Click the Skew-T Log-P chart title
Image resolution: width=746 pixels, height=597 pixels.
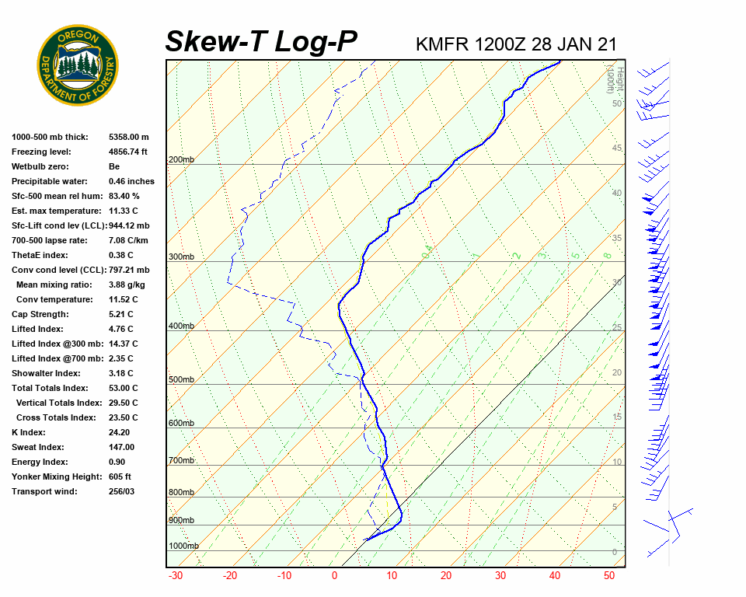261,42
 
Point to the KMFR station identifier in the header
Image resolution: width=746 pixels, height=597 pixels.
442,44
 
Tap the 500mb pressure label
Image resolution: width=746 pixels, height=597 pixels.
181,379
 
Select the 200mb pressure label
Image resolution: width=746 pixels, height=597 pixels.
181,159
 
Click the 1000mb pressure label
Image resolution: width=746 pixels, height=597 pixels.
183,546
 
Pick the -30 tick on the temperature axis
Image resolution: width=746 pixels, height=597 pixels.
176,576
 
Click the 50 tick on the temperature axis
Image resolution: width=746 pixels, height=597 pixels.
609,576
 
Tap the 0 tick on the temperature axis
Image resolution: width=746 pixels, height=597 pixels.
334,576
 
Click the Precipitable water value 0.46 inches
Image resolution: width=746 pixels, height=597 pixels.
131,181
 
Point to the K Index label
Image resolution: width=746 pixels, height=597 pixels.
29,432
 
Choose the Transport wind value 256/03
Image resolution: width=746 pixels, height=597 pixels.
122,491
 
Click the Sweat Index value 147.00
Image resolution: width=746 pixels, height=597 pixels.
122,447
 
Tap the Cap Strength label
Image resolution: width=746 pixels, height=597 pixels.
40,314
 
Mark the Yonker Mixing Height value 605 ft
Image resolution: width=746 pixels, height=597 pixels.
120,477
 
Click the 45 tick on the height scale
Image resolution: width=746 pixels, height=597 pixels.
617,148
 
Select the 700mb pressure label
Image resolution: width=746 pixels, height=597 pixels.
181,460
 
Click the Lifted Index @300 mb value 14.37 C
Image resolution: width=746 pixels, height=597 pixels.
124,344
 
